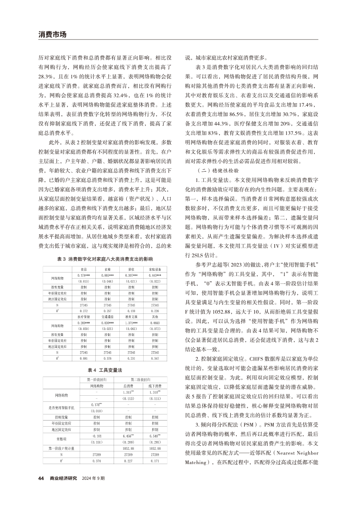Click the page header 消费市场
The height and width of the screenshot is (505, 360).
52,34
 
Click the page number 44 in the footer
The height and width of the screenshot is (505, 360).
41,490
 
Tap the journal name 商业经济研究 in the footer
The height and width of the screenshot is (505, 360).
64,490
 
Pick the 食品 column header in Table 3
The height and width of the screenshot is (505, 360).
83,269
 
